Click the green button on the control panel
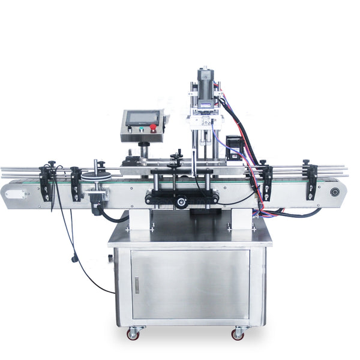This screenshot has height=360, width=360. (142, 128)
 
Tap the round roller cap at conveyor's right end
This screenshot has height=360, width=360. (335, 192)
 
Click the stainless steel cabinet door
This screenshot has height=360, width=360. (190, 284)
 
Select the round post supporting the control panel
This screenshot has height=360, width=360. (143, 150)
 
